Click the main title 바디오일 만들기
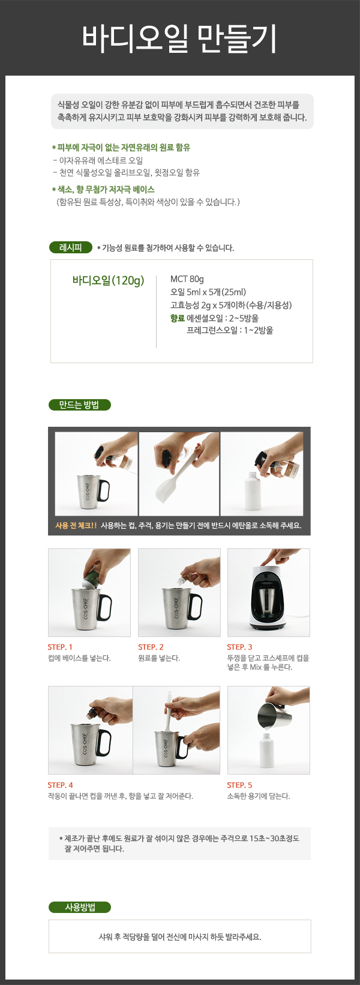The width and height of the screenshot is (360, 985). (179, 38)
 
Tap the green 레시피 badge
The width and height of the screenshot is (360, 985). (71, 247)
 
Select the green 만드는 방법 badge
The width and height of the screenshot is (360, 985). (80, 405)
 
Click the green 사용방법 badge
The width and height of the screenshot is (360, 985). (80, 907)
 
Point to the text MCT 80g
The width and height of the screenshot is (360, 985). (187, 279)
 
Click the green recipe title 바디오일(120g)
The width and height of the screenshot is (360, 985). (108, 280)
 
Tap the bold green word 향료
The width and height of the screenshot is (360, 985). (178, 318)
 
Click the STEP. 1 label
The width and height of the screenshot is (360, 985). (60, 647)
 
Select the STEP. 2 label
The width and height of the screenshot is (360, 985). (151, 647)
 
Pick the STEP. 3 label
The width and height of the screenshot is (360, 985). (239, 647)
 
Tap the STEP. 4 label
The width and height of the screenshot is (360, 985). (60, 785)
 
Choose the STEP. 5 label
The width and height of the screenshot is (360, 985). (239, 785)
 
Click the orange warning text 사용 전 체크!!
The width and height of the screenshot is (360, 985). (76, 525)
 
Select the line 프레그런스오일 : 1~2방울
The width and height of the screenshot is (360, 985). (230, 330)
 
